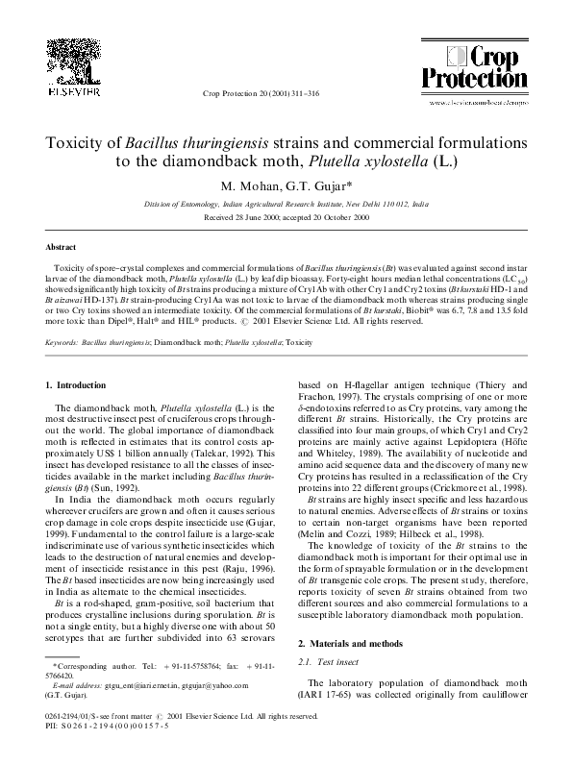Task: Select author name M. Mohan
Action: (249, 185)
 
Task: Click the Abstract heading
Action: (62, 246)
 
